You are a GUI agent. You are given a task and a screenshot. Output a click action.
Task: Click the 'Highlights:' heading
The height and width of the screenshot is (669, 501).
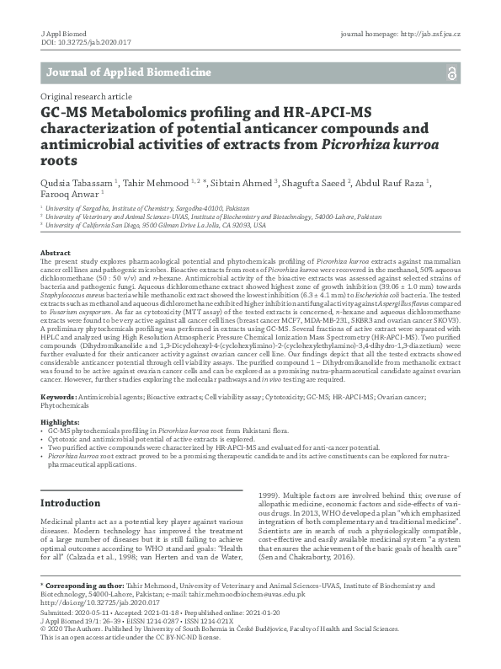tap(61, 422)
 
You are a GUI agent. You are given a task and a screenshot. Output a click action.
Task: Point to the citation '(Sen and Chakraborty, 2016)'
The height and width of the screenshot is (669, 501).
tap(304, 581)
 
